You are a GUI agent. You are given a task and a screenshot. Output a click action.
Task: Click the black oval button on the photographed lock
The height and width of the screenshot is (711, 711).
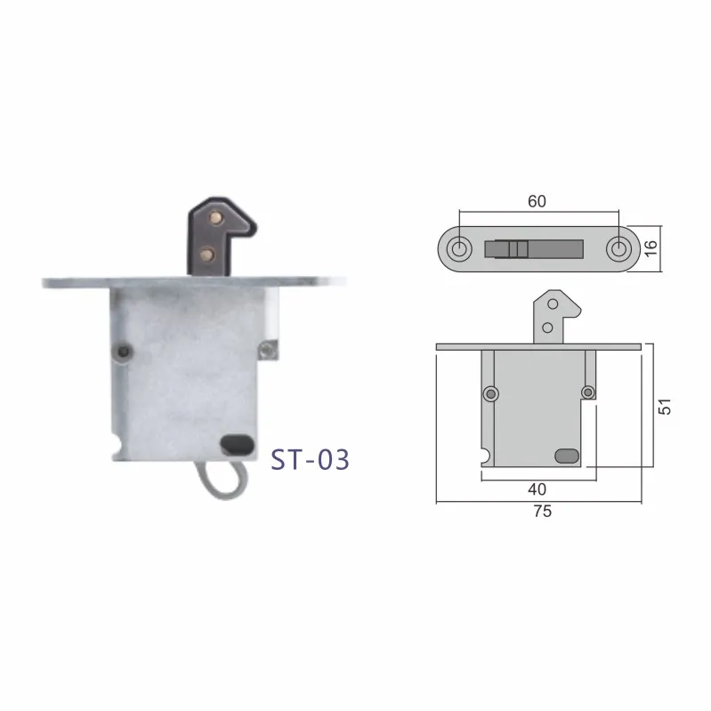(x=236, y=441)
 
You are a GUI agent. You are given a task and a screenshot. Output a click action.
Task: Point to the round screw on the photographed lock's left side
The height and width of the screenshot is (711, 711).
(x=122, y=353)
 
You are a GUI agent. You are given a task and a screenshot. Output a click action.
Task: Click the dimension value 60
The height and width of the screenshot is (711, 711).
(x=537, y=201)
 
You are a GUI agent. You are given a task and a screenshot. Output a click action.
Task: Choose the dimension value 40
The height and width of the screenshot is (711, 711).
(x=536, y=489)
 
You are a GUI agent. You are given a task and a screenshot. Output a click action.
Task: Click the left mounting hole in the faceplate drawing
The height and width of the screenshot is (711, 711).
(x=459, y=246)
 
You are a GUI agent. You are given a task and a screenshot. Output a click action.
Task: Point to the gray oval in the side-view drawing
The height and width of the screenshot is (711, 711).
(x=565, y=456)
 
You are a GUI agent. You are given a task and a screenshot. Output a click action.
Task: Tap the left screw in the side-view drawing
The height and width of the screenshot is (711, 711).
(x=489, y=392)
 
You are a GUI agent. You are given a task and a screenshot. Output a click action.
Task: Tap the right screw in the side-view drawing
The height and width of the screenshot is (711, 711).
(x=586, y=392)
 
